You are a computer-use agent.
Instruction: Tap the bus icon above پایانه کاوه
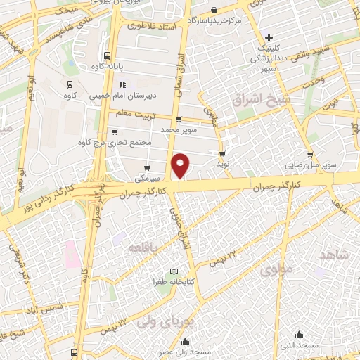(x=107, y=56)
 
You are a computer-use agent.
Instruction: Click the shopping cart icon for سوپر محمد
(x=179, y=119)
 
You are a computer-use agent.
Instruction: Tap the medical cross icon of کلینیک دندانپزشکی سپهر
(x=269, y=37)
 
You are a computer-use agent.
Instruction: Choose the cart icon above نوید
(x=222, y=153)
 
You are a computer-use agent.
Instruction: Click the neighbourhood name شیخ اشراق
(x=265, y=101)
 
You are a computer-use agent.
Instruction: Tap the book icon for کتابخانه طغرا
(x=173, y=271)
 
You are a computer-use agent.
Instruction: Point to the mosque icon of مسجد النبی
(x=300, y=335)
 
